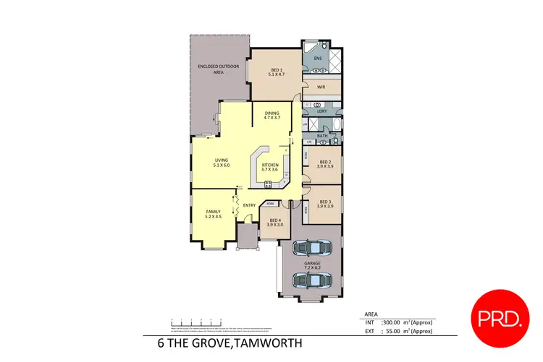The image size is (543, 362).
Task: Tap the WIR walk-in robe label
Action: pos(320,87)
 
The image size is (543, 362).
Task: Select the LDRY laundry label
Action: pos(322,111)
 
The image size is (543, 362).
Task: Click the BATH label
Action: pos(321,136)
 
